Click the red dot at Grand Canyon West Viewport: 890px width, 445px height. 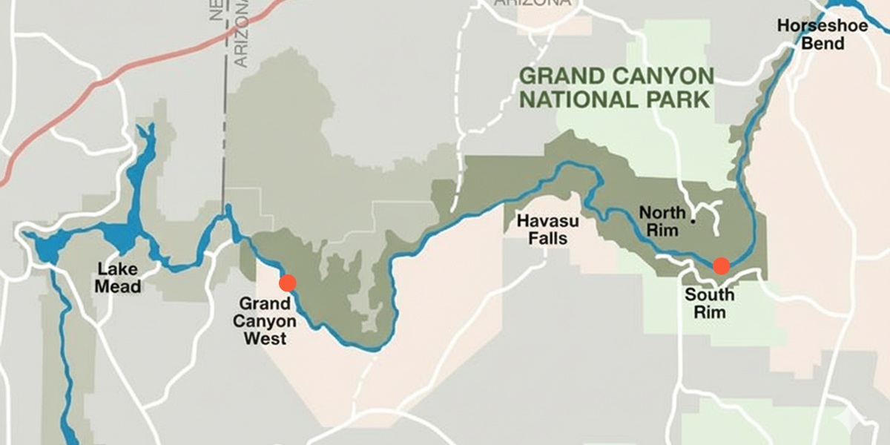pyautogui.click(x=288, y=283)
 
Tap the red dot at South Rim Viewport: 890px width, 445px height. pyautogui.click(x=721, y=266)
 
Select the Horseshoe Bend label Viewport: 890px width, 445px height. pyautogui.click(x=811, y=35)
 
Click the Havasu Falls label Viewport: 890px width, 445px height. pyautogui.click(x=542, y=229)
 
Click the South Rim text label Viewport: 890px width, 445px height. pyautogui.click(x=709, y=303)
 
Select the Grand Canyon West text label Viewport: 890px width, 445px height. pyautogui.click(x=265, y=322)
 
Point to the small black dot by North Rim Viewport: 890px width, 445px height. pyautogui.click(x=693, y=220)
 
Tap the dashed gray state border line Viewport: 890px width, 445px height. pyautogui.click(x=223, y=133)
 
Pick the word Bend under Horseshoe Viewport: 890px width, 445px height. pyautogui.click(x=822, y=44)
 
